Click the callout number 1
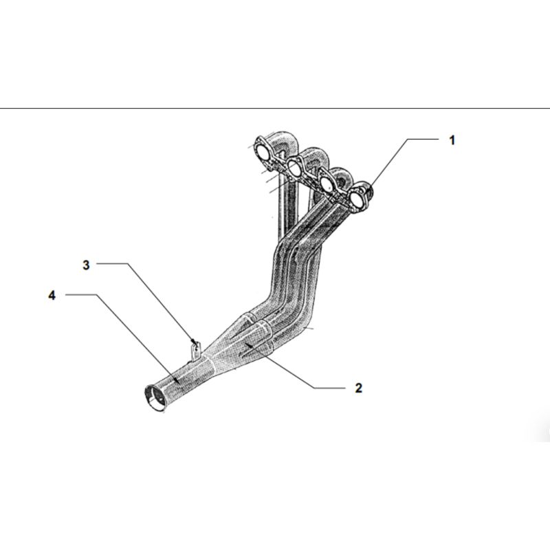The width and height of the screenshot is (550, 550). coord(452,140)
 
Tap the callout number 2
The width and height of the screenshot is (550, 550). coord(358,388)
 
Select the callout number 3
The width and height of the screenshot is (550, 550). coord(86,265)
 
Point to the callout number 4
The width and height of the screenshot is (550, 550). coord(52,296)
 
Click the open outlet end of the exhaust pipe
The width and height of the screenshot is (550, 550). coord(153,398)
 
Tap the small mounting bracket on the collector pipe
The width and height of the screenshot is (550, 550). coord(196,351)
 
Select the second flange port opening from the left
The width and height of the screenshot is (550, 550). coord(294,167)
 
